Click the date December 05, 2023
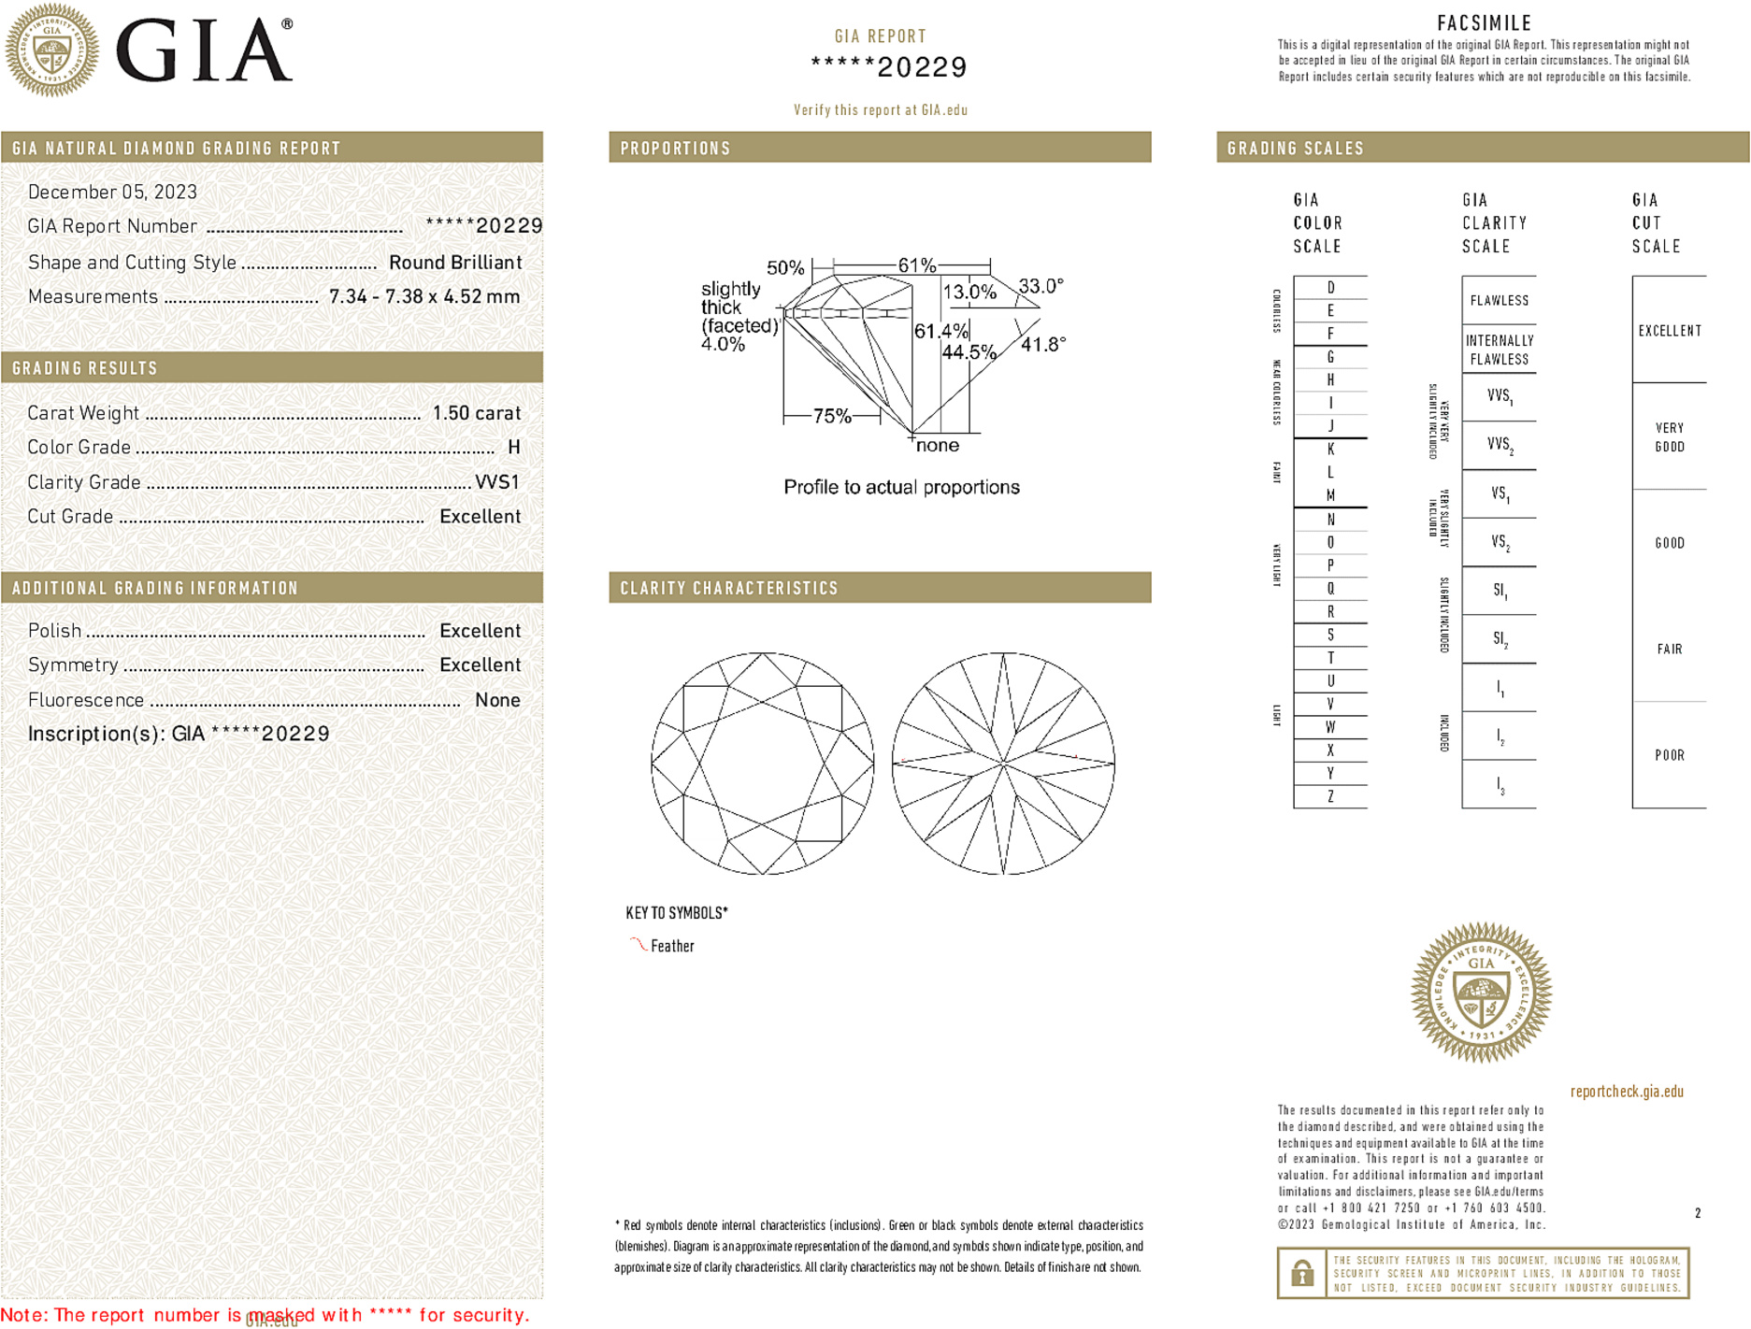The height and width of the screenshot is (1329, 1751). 112,193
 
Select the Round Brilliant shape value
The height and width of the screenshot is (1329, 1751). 455,263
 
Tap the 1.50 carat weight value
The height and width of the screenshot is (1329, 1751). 476,413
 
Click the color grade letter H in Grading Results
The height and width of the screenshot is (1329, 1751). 513,448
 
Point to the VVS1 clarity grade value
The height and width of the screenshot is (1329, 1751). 496,482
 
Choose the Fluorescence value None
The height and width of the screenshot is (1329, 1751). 497,700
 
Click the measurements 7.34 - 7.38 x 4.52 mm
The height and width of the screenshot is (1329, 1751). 424,297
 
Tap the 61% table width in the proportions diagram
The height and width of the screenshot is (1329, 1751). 916,265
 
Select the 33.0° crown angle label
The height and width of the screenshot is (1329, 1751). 1041,286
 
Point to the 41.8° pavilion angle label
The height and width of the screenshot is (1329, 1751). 1043,345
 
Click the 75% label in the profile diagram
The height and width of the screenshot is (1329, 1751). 831,416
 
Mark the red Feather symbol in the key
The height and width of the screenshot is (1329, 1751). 638,945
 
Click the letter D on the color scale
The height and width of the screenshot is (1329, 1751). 1330,288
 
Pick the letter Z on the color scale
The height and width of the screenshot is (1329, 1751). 1330,796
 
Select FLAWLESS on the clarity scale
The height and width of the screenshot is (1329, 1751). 1499,301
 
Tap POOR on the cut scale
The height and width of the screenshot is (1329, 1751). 1669,755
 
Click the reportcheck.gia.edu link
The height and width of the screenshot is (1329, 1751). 1626,1092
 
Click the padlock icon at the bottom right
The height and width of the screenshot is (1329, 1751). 1301,1273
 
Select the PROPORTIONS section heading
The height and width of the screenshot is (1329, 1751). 675,149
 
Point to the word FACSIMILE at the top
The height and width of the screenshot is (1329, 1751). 1484,23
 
